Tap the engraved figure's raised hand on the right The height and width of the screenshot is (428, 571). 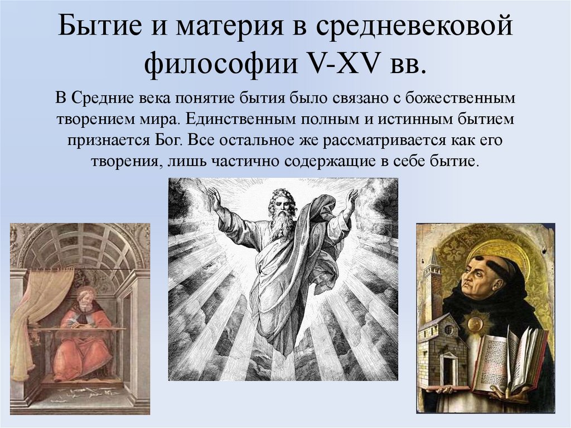coord(351,198)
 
